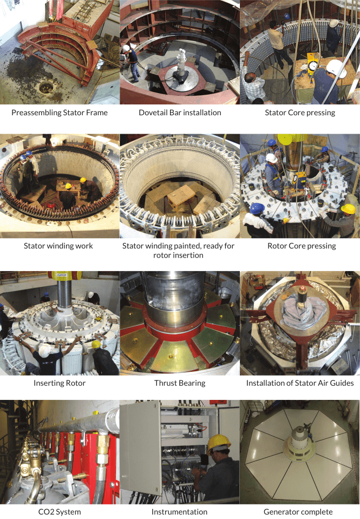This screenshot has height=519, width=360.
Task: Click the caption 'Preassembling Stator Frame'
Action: coord(60,113)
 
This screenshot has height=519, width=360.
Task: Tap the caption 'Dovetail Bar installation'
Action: coord(180,113)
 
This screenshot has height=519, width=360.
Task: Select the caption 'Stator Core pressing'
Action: coord(300,113)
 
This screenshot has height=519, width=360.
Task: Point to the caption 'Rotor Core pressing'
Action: coord(302,246)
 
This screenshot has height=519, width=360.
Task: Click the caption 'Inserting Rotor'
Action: coord(60,383)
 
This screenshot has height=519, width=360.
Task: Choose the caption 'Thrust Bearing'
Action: coord(180,383)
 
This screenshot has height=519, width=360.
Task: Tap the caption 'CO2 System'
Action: coord(60,512)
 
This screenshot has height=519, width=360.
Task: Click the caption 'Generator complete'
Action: coord(298,512)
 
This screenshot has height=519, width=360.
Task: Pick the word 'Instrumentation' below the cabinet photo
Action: coord(180,512)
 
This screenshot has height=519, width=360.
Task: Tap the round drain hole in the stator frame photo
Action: coord(47,88)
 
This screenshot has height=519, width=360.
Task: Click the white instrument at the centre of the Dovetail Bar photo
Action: coord(181,62)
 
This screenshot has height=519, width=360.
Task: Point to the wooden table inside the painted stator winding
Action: coord(181,195)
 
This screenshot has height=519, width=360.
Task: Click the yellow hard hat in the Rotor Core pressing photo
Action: coord(348,208)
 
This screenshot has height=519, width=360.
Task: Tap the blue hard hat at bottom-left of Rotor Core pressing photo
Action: coord(257,208)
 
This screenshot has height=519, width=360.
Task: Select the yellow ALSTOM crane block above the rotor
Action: coord(64,275)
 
